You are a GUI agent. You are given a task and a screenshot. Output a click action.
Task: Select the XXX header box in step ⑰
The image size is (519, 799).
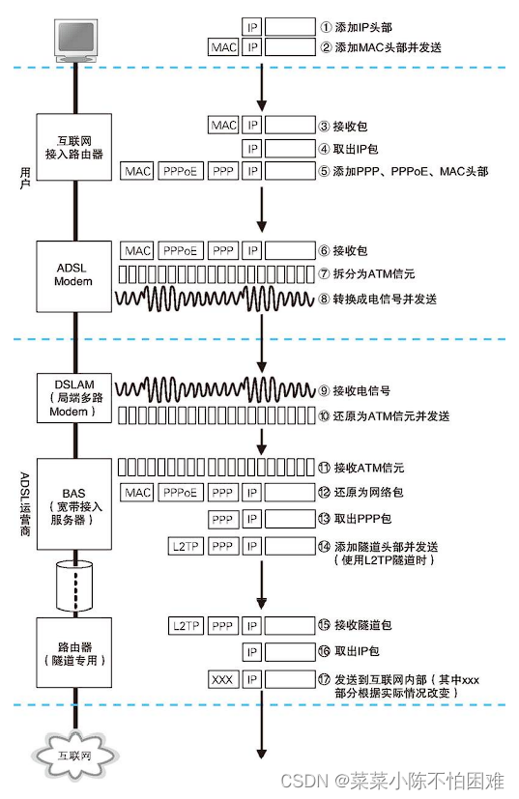click(x=222, y=680)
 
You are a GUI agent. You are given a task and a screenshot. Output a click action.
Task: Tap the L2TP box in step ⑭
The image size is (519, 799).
click(x=185, y=547)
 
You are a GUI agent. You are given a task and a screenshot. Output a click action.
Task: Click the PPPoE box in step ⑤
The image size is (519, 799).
click(x=180, y=171)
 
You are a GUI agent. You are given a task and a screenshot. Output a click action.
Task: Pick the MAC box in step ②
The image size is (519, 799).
click(x=223, y=46)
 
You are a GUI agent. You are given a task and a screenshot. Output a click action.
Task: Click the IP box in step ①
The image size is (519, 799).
click(x=251, y=25)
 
